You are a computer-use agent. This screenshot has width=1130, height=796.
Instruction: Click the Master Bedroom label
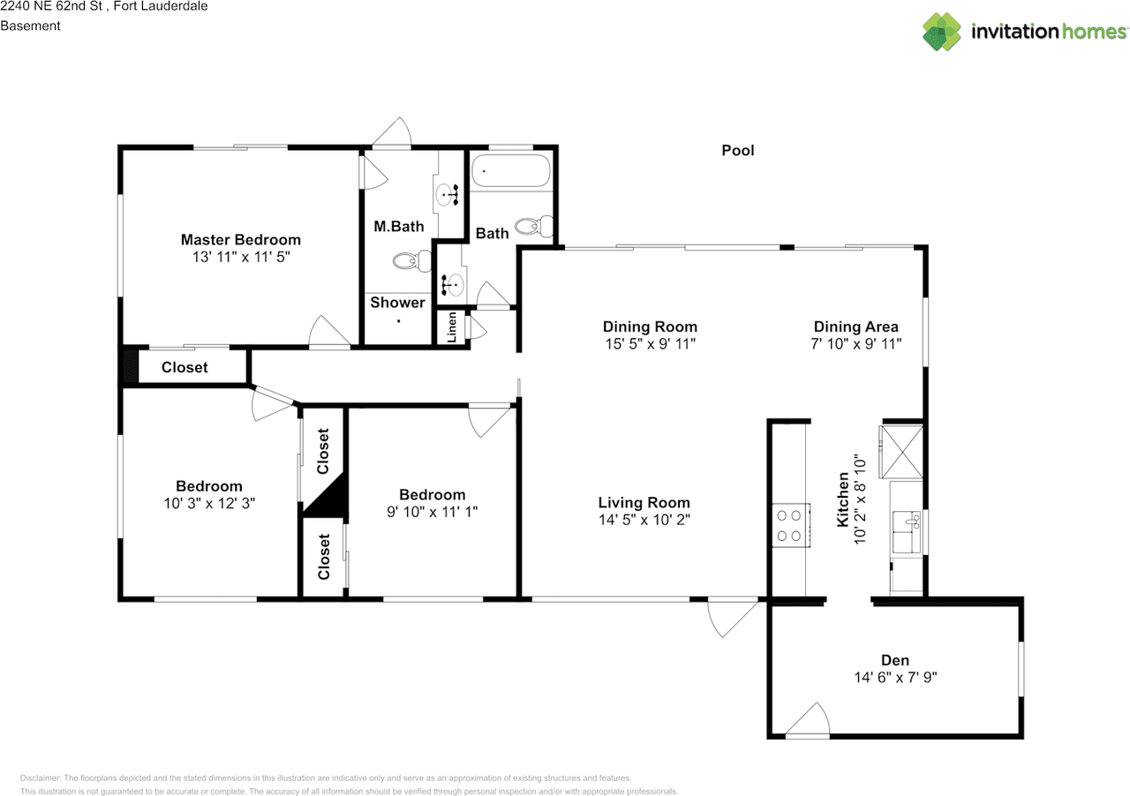click(240, 239)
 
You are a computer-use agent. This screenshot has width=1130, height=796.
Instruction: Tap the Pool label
click(738, 151)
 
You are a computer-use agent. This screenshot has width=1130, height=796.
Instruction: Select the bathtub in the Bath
click(510, 170)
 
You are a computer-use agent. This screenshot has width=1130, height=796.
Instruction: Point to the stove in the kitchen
click(791, 525)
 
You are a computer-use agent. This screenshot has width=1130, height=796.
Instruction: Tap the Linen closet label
click(452, 328)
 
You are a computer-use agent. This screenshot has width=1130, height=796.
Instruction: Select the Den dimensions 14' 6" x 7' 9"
click(894, 678)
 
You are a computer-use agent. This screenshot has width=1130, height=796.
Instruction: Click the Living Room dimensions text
click(644, 521)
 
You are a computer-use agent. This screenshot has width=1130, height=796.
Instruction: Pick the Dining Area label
click(855, 327)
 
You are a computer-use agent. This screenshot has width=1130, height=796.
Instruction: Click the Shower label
click(397, 303)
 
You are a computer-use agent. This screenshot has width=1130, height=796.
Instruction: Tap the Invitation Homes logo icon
click(942, 32)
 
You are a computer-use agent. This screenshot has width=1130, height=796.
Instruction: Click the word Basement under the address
click(30, 26)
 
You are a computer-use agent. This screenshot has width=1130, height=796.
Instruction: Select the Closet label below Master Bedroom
click(185, 367)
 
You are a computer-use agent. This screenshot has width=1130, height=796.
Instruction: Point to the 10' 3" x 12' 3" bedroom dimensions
click(208, 503)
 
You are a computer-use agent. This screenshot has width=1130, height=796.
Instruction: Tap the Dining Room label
click(650, 327)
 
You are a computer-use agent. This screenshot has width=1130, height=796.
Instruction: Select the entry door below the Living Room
click(733, 618)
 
